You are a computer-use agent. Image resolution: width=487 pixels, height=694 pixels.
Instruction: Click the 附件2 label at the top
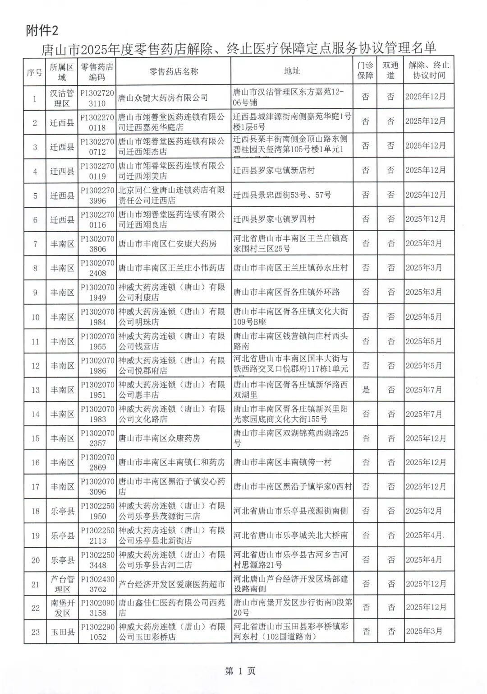[x=42, y=30]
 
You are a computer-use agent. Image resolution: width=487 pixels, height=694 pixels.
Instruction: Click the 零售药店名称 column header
[x=174, y=71]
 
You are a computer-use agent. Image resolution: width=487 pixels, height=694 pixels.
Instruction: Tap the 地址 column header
[x=292, y=71]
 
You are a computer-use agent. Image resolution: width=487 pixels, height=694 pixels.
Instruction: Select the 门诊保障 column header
[x=366, y=71]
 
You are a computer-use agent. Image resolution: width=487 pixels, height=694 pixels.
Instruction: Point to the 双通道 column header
[x=391, y=71]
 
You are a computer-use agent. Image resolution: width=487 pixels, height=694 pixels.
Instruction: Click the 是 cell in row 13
[x=366, y=390]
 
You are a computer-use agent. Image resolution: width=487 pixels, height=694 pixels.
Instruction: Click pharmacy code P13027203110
[x=97, y=98]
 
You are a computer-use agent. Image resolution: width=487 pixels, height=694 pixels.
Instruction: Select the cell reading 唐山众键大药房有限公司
[x=163, y=98]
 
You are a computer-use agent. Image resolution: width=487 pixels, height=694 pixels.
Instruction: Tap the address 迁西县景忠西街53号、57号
[x=282, y=195]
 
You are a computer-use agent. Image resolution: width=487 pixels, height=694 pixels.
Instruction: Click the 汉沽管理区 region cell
[x=62, y=98]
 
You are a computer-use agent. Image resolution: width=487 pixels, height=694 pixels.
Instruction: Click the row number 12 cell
[x=35, y=366]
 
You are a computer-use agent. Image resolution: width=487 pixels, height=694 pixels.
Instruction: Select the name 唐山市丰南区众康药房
[x=159, y=438]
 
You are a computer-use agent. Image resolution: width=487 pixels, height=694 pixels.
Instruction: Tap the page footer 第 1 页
[x=240, y=671]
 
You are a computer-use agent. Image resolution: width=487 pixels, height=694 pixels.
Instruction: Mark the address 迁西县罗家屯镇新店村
[x=274, y=171]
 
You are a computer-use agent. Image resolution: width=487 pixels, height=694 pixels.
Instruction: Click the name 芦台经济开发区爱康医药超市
[x=171, y=584]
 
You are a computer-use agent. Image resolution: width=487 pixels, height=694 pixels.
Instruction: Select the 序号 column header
[x=35, y=71]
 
